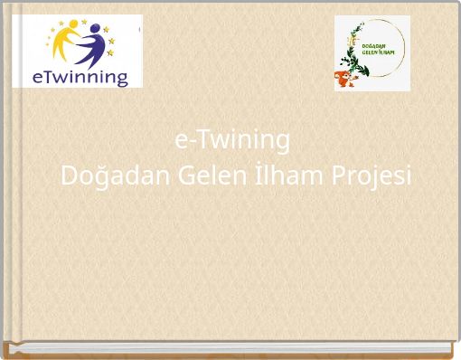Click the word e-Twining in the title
pos(231,140)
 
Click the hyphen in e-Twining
pos(191,143)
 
